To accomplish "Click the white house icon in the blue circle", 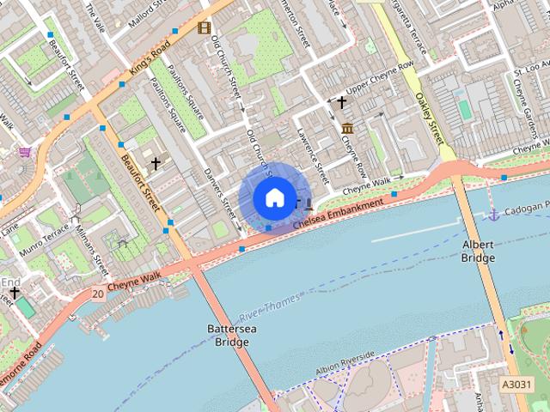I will [273, 197].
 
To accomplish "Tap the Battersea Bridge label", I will [228, 336].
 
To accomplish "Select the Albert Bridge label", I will [478, 250].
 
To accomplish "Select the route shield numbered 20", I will [97, 294].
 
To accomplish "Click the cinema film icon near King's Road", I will [204, 27].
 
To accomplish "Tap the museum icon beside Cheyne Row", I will [347, 129].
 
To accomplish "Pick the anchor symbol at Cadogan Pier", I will [494, 213].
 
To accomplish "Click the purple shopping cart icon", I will [25, 152].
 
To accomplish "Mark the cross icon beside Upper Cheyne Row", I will [341, 102].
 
